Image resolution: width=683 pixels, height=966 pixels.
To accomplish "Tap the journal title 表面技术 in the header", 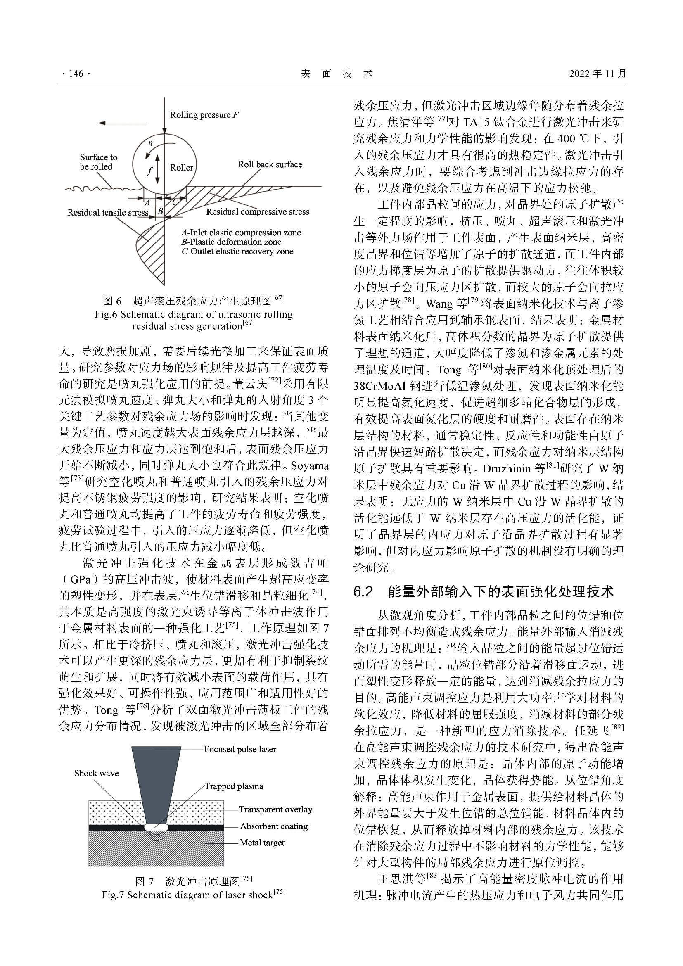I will (x=337, y=74).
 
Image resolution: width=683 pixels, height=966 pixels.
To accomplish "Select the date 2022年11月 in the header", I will (x=598, y=74).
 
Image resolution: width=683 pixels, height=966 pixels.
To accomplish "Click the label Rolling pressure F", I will (x=205, y=115).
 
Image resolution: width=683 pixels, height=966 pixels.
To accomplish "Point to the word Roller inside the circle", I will (x=182, y=167).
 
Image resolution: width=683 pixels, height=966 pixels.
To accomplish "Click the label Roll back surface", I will (x=270, y=164).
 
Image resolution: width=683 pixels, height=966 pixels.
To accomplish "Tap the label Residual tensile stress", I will (x=108, y=212).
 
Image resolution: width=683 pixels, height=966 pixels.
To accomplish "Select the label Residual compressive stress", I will (x=257, y=211).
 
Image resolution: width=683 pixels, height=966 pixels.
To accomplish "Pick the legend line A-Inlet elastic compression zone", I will (x=241, y=233).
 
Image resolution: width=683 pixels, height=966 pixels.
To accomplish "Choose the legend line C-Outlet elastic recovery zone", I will (x=237, y=252).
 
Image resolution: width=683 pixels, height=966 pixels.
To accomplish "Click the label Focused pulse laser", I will (x=240, y=749).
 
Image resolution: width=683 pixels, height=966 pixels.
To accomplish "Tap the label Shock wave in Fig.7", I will (x=96, y=773).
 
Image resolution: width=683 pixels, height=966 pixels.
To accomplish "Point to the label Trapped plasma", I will (x=234, y=786).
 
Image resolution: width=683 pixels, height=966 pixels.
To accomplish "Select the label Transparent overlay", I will (x=275, y=809).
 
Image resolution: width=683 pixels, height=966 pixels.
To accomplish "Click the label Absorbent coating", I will (x=274, y=826).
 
